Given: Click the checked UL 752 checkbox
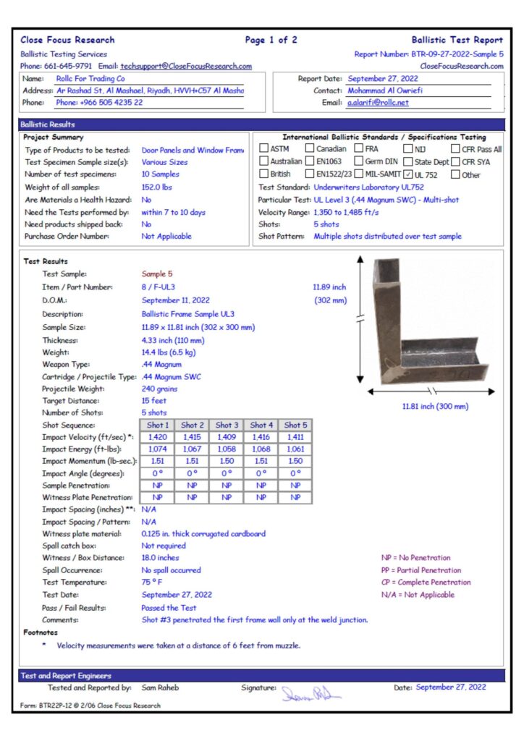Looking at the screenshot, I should tap(409, 174).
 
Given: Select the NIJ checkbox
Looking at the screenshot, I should tap(407, 149).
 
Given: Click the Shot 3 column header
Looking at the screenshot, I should tap(227, 425).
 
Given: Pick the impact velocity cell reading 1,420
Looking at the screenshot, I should tap(157, 437).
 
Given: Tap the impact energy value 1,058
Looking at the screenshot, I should tap(227, 449).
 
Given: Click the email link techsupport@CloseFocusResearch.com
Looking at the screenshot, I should tap(186, 66).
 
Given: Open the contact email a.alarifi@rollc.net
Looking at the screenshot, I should tap(377, 103).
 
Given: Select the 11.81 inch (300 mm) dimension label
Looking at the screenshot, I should tap(435, 406).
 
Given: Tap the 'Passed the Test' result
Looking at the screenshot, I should tap(169, 608).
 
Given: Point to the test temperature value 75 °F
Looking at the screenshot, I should tap(152, 583).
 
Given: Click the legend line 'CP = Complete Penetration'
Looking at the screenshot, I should tap(426, 583).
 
